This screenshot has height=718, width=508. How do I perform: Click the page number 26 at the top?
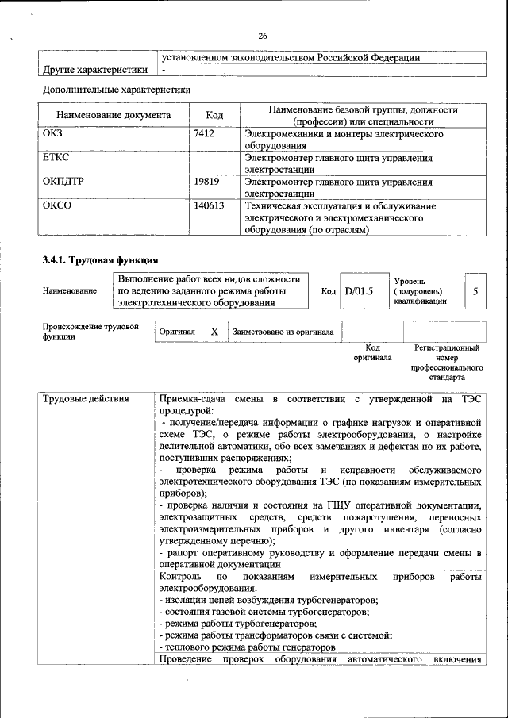(263, 36)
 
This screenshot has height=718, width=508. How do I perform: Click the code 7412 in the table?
(204, 134)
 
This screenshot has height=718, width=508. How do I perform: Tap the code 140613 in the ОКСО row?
(209, 205)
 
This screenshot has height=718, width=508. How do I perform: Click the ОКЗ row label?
(52, 134)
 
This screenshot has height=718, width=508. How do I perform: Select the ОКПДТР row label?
(63, 182)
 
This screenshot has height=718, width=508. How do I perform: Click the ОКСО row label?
(56, 205)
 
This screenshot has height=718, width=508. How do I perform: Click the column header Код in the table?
(214, 116)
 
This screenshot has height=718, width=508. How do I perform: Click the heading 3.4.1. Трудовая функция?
(100, 259)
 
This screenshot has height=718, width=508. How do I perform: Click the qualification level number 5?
(475, 291)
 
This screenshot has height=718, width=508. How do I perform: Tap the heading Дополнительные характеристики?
(116, 90)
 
